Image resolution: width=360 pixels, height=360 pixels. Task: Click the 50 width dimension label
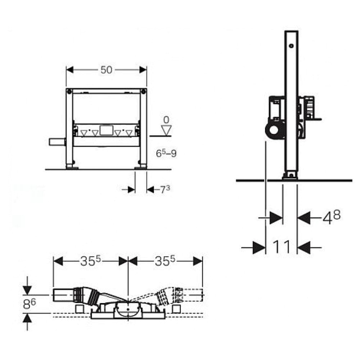click(106, 70)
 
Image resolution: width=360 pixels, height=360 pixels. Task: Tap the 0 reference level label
click(166, 120)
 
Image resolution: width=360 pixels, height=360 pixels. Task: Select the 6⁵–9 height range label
click(166, 153)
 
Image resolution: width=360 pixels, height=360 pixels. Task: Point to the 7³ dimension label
click(165, 189)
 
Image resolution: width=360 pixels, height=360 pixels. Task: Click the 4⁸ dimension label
click(332, 217)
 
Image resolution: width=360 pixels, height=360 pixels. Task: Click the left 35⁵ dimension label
click(90, 261)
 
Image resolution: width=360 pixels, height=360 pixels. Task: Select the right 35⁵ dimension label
click(165, 261)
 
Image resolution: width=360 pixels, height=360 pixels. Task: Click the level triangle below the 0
click(166, 130)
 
